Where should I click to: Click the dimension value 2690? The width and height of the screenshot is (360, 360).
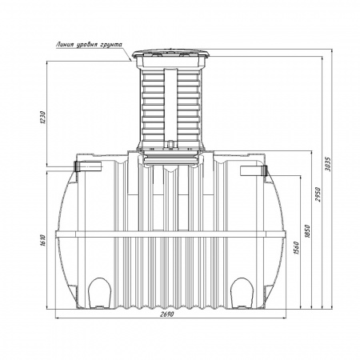[167, 314]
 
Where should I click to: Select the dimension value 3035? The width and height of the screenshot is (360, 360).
[328, 164]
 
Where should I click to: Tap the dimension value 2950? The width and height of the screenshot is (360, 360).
[318, 194]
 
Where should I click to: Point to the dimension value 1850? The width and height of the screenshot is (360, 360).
[307, 231]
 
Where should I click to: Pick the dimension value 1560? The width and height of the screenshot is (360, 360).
[296, 248]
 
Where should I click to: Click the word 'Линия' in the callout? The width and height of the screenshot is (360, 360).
[65, 45]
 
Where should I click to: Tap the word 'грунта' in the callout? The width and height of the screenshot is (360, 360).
[112, 45]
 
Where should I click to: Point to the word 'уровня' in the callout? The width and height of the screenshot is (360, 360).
[87, 45]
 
